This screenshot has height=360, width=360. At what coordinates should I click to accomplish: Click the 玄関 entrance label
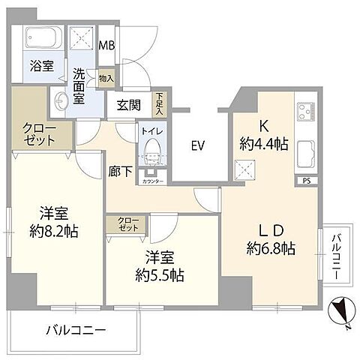(x=128, y=106)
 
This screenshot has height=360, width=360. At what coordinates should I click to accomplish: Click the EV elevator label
(x=198, y=144)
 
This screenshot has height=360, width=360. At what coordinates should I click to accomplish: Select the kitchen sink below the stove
(x=306, y=154)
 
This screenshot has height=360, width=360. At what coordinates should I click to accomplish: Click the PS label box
(x=307, y=181)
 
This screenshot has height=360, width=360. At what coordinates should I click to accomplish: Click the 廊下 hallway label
(x=120, y=172)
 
